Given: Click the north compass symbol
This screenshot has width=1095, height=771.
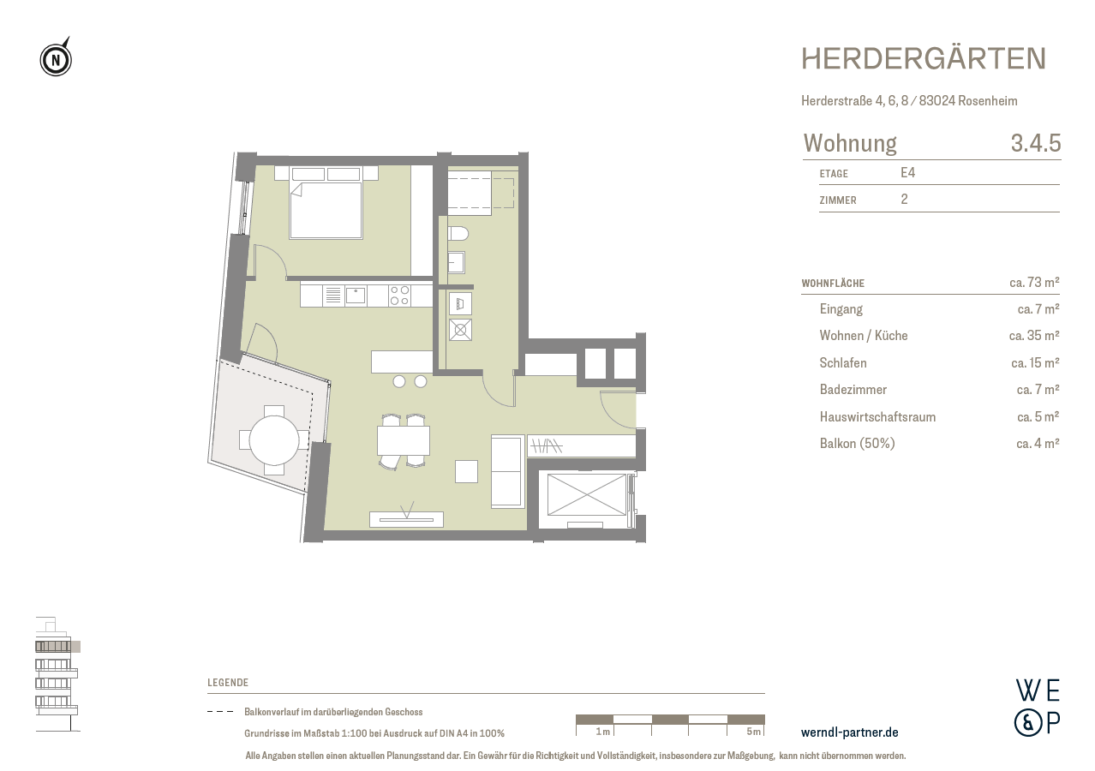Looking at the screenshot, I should pos(56,59).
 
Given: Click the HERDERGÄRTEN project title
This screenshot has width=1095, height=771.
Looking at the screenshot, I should pos(924,59).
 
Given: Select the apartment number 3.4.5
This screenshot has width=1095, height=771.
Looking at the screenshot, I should pos(1035,143).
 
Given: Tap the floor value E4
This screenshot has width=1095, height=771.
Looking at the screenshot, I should pos(908,173).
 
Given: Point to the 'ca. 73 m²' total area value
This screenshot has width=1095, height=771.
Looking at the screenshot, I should pos(1033,282).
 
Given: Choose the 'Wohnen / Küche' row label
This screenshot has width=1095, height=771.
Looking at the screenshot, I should pos(863,336).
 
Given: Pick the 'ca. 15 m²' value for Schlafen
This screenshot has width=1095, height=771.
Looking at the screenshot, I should pos(1034,363).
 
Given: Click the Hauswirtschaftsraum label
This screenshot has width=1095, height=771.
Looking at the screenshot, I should pos(877,417).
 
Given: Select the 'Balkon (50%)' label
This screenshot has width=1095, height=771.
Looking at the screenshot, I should pos(857,444).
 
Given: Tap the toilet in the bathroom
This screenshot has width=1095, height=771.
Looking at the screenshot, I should pos(458,233).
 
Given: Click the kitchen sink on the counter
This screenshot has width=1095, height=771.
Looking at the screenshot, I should pos(355,296).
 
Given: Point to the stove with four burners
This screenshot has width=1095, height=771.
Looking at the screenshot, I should pos(399,296).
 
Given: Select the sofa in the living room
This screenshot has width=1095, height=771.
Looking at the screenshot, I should pos(506,470).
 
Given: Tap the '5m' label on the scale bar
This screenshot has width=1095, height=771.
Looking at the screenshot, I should pos(753,732).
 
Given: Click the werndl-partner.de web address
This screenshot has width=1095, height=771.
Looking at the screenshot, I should pos(849,732).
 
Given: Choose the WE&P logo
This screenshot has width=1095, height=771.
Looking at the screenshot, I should pos(1037,707).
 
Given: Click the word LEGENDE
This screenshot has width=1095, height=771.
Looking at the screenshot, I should pos(228,683).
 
